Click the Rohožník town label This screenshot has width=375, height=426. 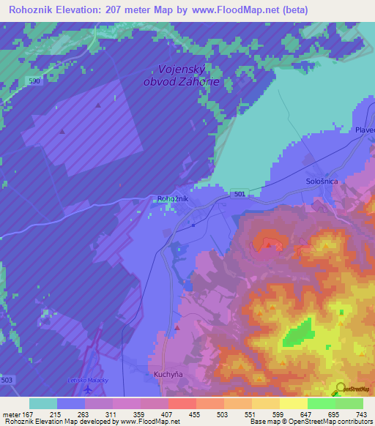pyautogui.click(x=173, y=199)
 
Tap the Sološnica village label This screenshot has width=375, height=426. pyautogui.click(x=320, y=180)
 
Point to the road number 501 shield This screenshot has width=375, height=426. pyautogui.click(x=241, y=193)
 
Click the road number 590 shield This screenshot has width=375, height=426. pyautogui.click(x=34, y=81)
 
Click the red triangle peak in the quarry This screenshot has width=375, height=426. pyautogui.click(x=269, y=245)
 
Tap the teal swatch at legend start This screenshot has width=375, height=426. pyautogui.click(x=43, y=403)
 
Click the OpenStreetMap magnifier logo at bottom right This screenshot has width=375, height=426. pyautogui.click(x=341, y=389)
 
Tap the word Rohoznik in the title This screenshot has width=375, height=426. pyautogui.click(x=32, y=10)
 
